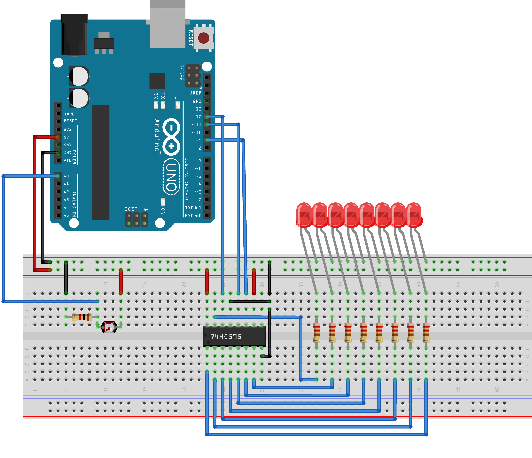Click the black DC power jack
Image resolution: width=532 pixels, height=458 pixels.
click(x=74, y=35)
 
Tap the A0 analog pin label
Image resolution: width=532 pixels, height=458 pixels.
click(x=66, y=176)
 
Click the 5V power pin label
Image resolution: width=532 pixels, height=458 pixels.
click(x=66, y=137)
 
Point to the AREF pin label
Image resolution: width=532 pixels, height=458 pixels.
click(x=196, y=93)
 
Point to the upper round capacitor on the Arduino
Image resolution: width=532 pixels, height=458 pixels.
click(x=79, y=76)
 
